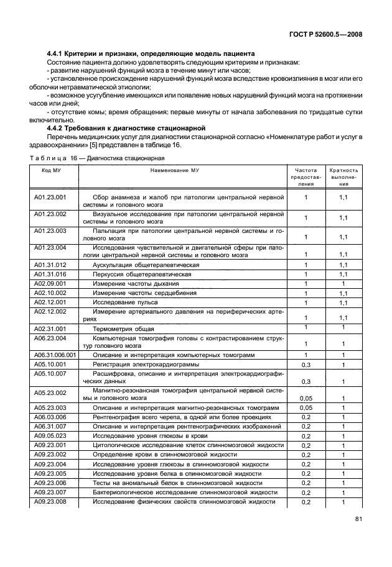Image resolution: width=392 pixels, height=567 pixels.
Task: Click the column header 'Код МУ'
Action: point(50,169)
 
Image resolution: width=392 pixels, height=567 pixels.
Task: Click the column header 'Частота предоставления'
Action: point(306,176)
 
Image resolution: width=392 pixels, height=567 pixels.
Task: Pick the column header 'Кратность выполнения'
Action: point(343,176)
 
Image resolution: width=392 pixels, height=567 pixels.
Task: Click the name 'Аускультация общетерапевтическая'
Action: point(146,265)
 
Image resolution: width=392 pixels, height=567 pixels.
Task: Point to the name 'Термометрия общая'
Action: point(123,329)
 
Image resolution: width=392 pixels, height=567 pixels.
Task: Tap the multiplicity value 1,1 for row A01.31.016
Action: point(343,274)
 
